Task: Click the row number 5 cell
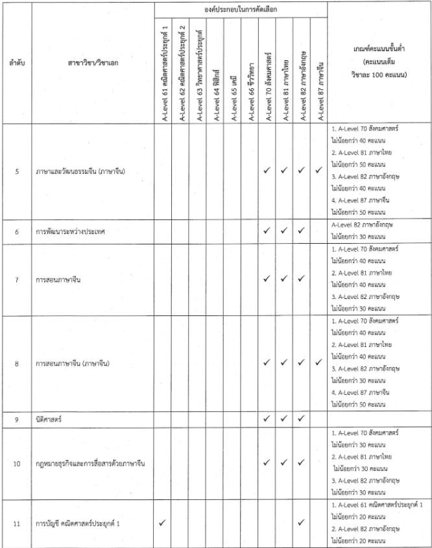point(16,172)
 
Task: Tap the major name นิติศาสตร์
point(49,420)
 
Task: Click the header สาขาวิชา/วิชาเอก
point(93,63)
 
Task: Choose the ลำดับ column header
point(16,63)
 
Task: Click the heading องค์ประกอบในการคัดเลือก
point(241,9)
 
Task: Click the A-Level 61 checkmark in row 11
point(162,522)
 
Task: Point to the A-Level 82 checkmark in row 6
point(302,231)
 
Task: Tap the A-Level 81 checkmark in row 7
point(284,280)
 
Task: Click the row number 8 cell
point(16,364)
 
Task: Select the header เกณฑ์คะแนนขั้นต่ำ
point(379,63)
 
